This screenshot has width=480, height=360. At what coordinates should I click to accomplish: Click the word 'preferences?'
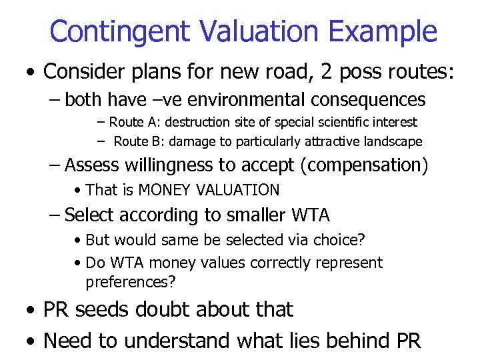[131, 281]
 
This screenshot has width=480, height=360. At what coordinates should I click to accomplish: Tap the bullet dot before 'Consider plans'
[31, 72]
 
